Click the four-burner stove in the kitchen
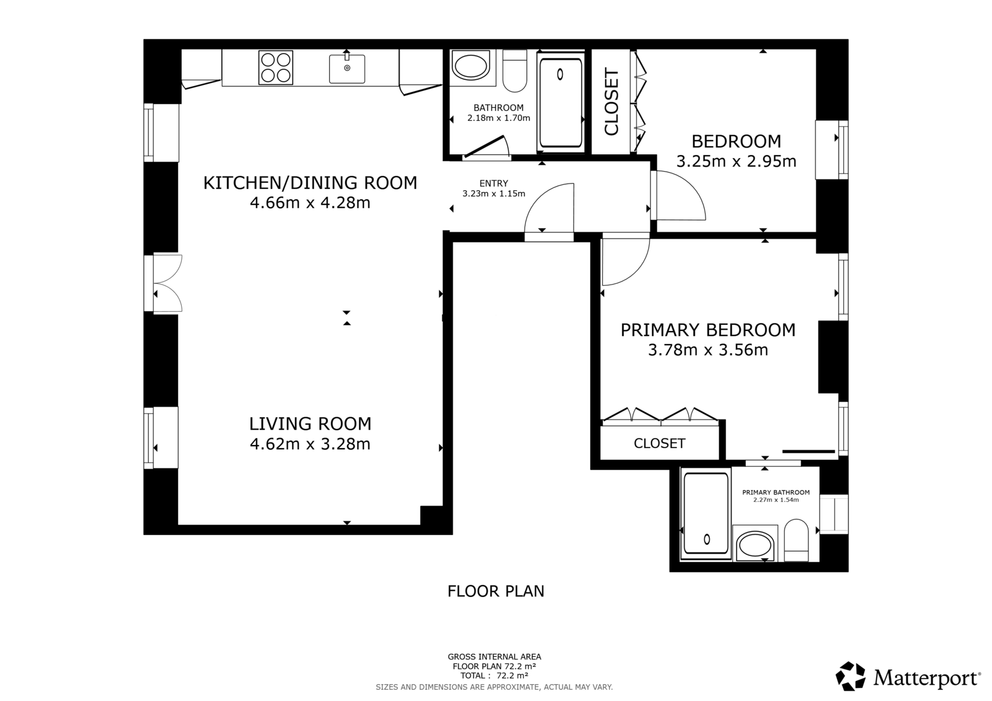275,68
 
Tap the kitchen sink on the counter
347,69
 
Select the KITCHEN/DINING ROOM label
310,183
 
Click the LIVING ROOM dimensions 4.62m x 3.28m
310,444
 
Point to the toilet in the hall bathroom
515,71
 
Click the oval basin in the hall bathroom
471,68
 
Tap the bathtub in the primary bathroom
706,514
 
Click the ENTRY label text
494,183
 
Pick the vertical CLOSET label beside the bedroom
611,102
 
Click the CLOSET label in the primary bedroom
660,443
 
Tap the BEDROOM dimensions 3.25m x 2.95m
736,161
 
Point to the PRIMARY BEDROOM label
707,330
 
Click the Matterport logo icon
850,676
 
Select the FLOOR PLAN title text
495,591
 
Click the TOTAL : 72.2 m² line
494,676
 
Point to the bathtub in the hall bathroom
560,102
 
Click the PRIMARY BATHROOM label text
776,492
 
